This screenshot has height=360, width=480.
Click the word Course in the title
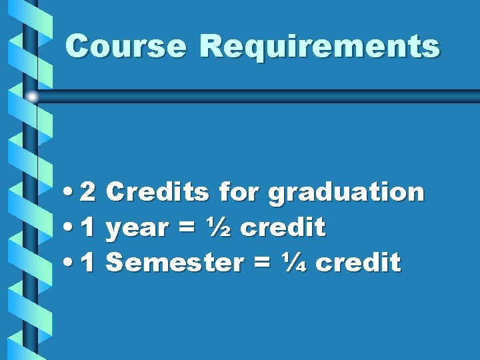coord(127,47)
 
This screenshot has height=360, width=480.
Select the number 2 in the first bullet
coord(88,193)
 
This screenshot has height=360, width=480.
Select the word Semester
coord(175,263)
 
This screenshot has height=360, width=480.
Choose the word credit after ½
coord(282,228)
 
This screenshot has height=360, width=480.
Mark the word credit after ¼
coord(358,263)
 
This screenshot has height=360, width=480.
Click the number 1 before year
coord(88,228)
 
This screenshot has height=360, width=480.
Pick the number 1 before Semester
coord(88,263)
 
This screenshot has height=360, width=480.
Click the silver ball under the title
coord(32,97)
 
